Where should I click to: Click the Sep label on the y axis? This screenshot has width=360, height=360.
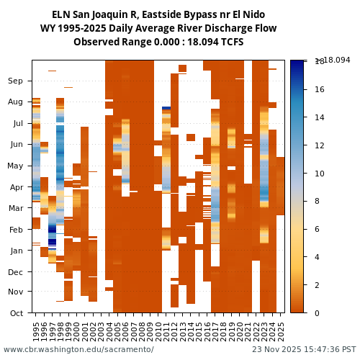coord(16,81)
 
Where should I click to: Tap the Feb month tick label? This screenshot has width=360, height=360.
coord(16,230)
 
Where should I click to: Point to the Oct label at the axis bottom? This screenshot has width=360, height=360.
coord(16,313)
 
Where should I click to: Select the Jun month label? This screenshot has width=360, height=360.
coord(16,145)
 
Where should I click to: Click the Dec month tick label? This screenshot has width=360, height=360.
coord(16,272)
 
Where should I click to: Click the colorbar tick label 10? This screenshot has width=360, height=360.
coord(319,174)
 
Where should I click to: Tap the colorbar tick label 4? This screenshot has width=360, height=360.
coord(317,257)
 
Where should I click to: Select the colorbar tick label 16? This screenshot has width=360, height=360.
coord(319,90)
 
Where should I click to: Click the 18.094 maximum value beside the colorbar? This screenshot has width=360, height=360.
coord(336,60)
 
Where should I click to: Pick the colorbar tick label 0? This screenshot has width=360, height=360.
coord(317,312)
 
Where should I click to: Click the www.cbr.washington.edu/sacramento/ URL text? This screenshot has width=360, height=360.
coord(78,350)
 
